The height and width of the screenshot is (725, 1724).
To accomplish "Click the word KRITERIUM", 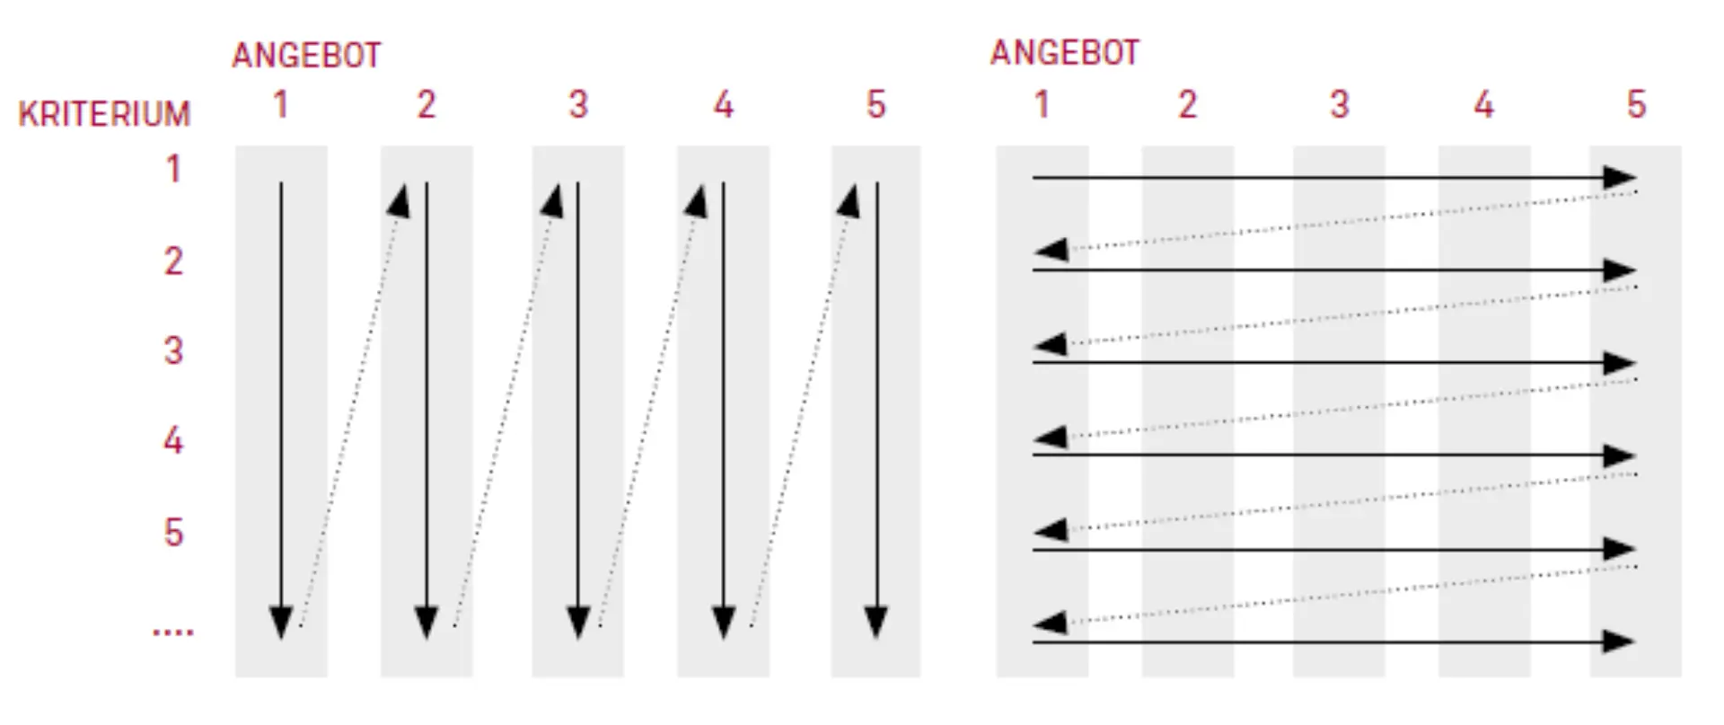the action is point(104,114).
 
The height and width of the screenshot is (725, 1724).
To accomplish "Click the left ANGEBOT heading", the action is point(306,56).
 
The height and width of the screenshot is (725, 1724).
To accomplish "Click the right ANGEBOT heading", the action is point(1065,53).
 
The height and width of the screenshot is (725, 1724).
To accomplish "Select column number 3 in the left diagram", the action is point(578,105).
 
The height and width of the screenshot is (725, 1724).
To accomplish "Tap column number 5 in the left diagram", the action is point(876,105).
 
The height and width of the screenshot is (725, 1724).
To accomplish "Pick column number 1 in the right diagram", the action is point(1042,105).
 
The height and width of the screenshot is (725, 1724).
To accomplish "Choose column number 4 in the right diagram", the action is point(1484,105).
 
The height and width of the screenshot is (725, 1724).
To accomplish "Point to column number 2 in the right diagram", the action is point(1187,105).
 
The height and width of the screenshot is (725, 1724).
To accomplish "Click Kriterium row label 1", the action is point(173,169).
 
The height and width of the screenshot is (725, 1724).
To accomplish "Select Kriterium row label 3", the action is point(173,350).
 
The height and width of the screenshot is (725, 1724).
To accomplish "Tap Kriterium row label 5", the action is point(173,533).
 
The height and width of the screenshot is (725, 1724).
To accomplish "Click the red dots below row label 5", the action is point(172,632).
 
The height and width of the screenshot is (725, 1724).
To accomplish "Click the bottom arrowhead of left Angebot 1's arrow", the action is point(281,623).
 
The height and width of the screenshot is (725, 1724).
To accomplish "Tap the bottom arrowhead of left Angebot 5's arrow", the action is point(876,623).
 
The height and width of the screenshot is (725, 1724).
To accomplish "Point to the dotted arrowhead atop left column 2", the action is point(399,200).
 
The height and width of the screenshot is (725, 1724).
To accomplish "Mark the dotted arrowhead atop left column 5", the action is point(849,200).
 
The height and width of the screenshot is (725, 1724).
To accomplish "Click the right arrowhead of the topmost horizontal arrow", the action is point(1620,178).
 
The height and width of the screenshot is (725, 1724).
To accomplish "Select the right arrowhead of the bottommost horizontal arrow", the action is point(1618,641).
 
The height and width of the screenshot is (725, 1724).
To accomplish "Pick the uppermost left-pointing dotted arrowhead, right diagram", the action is point(1051,249).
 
